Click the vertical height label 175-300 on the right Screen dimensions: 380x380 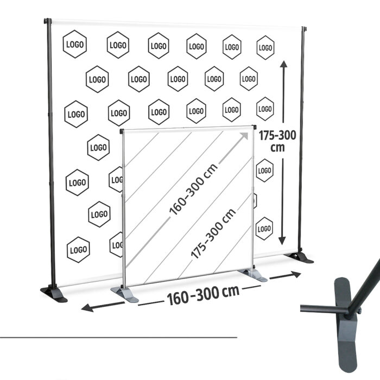(277, 135)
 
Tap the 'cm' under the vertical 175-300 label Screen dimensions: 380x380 (277, 148)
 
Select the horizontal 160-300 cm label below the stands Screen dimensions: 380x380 (203, 296)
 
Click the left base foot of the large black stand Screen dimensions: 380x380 (54, 294)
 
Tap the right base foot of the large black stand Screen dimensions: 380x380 (301, 257)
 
